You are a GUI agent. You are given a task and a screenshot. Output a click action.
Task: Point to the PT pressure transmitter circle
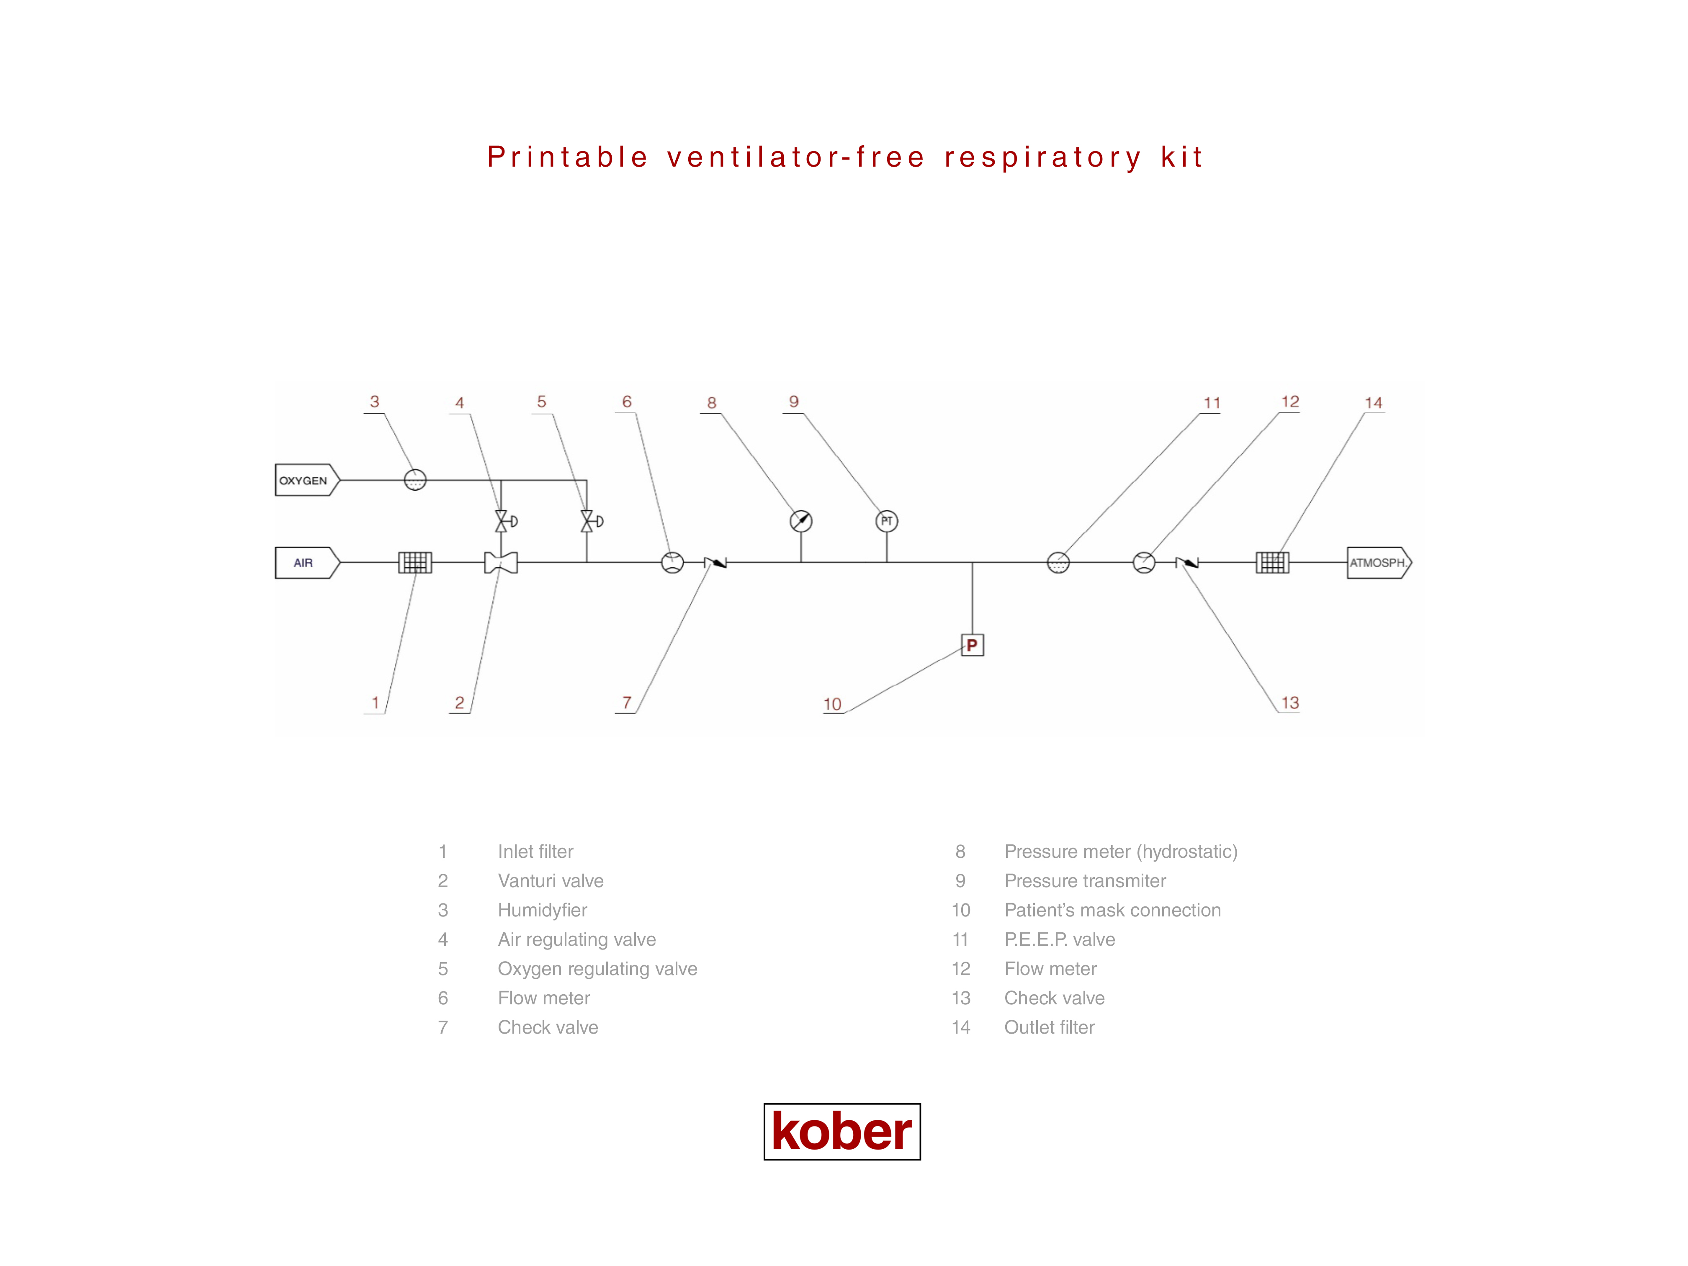point(886,521)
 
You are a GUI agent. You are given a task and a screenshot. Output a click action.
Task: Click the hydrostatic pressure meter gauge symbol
point(800,521)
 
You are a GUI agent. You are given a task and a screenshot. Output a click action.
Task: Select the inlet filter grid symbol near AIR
point(415,562)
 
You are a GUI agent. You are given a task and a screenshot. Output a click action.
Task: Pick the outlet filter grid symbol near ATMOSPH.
point(1272,562)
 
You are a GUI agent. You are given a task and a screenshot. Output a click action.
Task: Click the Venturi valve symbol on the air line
point(501,562)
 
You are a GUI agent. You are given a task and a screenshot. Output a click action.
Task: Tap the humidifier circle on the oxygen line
point(415,480)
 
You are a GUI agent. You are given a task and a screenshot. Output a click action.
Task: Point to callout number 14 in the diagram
point(1373,402)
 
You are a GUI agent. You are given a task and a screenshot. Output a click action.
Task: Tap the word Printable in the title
point(567,157)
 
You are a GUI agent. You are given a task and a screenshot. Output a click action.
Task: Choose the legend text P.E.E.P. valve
point(1059,939)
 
